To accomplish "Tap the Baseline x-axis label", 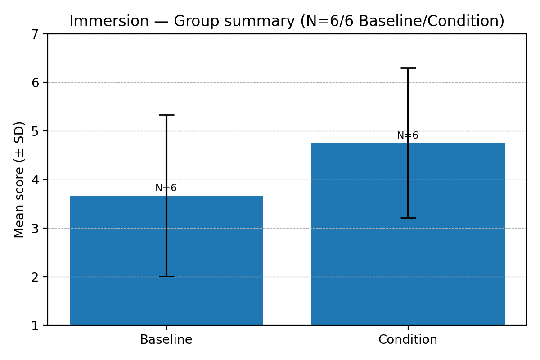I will click(166, 340).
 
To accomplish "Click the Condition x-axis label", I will click(408, 340).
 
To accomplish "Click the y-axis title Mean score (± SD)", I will click(19, 180).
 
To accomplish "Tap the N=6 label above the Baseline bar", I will click(166, 188).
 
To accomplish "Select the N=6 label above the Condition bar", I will click(408, 135).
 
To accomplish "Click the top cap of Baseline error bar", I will click(166, 115).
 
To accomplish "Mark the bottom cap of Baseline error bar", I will click(166, 276).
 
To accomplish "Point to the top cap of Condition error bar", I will click(408, 68).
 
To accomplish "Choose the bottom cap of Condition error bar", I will click(408, 218).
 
